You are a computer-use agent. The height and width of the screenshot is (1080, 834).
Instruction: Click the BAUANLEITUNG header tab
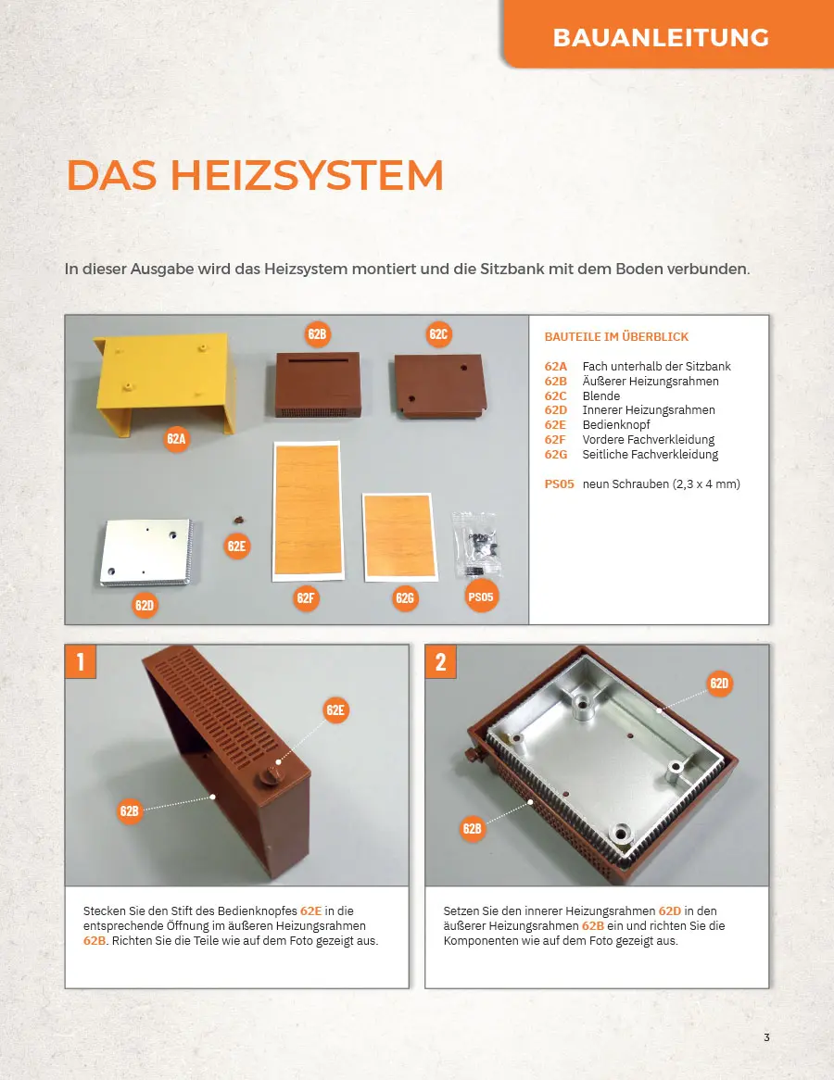coord(668,33)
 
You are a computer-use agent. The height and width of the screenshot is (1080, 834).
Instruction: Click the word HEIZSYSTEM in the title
coord(307,175)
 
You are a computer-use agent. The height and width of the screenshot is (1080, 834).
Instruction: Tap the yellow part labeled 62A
coord(166,383)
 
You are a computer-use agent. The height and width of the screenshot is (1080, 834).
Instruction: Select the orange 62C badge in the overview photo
coord(438,334)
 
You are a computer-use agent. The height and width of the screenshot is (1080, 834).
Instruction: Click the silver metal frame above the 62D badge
coord(146,552)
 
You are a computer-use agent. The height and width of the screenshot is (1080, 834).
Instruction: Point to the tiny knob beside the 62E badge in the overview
coord(239,520)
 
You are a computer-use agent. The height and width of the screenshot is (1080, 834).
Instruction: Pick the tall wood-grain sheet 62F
coord(308,511)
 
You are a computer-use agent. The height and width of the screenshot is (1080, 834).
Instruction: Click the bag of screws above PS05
coord(477,544)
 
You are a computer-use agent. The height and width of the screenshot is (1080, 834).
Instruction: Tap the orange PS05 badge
coord(480,597)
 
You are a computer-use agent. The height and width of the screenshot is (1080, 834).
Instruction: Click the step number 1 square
coord(80,661)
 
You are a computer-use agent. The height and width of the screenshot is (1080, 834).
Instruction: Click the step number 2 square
coord(440,661)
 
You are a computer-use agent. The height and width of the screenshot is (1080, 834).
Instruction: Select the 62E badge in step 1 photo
coord(335,710)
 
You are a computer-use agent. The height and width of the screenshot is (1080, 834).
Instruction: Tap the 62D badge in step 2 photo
coord(719,683)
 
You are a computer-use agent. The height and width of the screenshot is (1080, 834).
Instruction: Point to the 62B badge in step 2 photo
coord(473,828)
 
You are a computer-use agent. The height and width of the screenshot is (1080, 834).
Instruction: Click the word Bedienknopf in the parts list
coord(616,425)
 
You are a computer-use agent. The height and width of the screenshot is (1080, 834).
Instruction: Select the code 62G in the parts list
coord(556,455)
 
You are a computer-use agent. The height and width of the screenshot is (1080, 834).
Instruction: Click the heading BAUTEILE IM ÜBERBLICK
coord(617,337)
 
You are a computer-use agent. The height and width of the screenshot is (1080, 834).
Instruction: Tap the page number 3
coord(766,1037)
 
